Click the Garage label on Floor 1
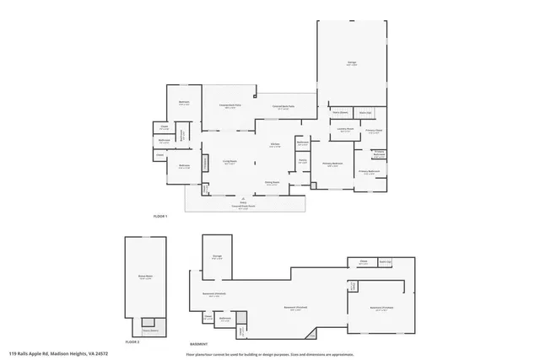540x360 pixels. tap(351, 63)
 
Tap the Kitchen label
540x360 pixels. tap(274, 145)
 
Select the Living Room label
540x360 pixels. tap(229, 162)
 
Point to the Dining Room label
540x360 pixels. tap(272, 183)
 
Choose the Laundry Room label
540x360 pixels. tap(344, 129)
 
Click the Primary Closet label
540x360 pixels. tap(373, 132)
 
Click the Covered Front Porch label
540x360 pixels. tap(243, 207)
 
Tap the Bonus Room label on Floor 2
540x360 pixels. tap(145, 276)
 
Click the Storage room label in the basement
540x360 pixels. tap(217, 257)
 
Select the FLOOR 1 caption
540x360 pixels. tap(160, 217)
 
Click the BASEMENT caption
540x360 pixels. tap(198, 343)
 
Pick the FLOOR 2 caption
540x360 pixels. tap(132, 342)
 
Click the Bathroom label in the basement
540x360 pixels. tap(225, 319)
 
